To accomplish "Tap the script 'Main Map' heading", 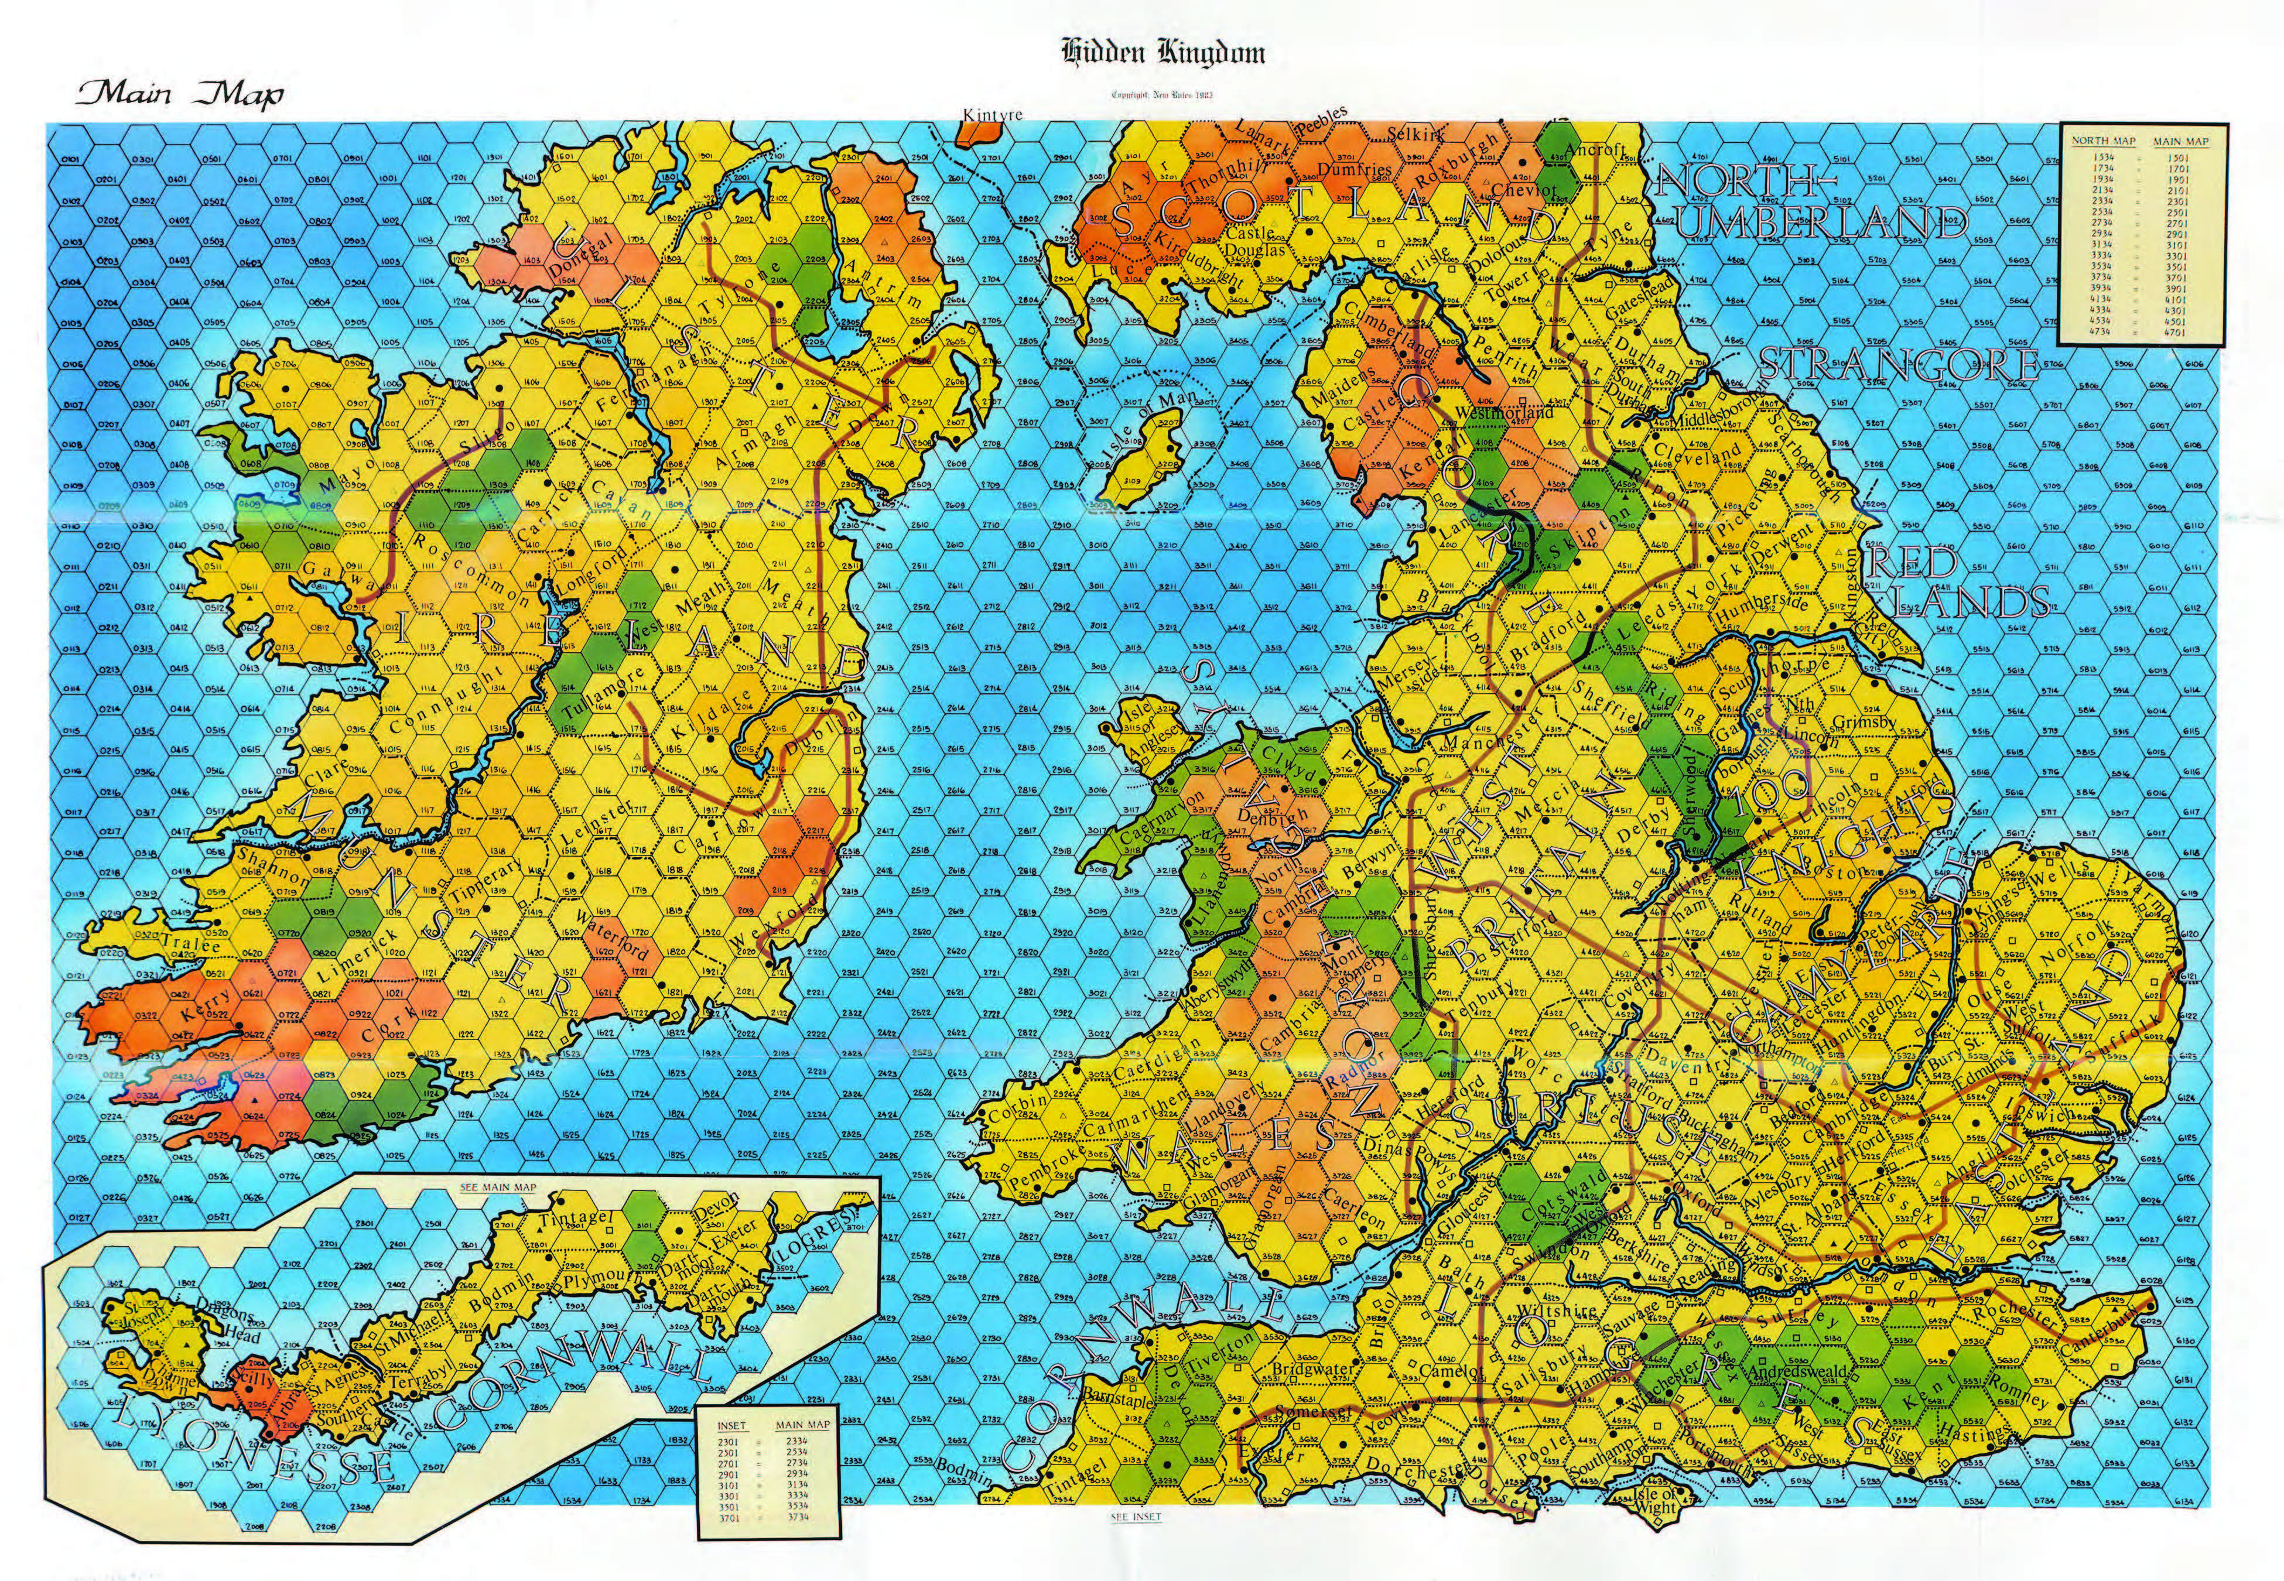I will click(178, 95).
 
